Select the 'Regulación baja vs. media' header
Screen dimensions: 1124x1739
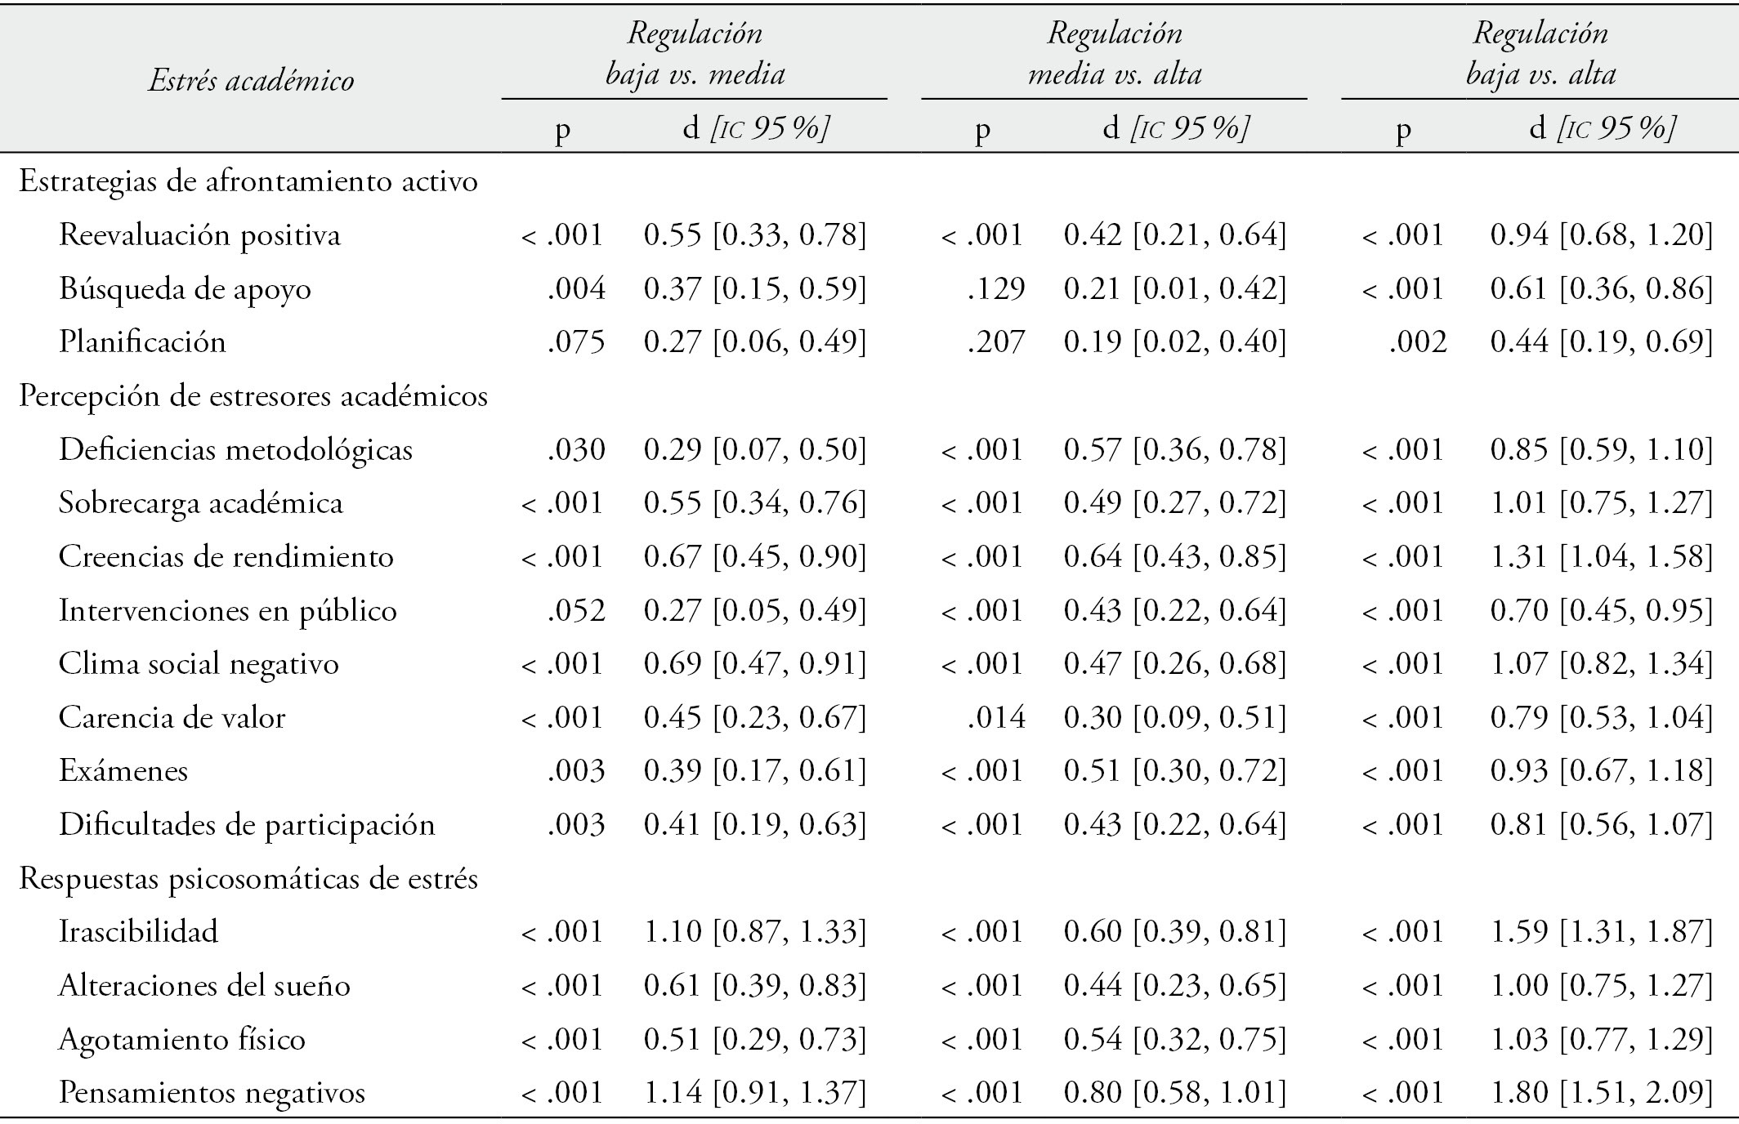tap(695, 54)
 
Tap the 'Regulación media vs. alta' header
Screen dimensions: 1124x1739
tap(1115, 54)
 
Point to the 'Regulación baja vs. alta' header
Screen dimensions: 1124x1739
tap(1540, 54)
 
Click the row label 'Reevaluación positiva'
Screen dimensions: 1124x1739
tap(199, 235)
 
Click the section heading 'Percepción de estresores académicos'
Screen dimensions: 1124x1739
tap(253, 396)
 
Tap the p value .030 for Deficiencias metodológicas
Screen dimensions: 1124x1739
tap(576, 450)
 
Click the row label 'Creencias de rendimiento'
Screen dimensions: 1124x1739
tap(226, 557)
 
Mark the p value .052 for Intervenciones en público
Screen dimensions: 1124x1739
tap(576, 611)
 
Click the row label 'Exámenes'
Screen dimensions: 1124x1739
tap(123, 771)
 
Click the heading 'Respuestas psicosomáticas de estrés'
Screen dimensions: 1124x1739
tap(248, 879)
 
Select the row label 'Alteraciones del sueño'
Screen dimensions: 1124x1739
tap(204, 986)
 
